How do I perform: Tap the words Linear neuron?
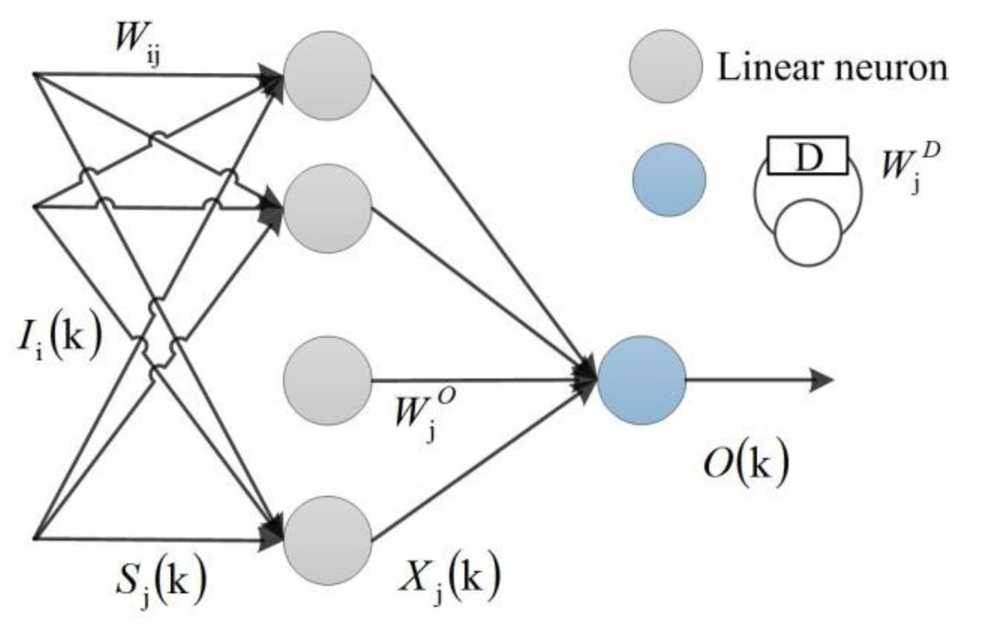click(x=832, y=68)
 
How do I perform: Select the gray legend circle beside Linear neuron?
click(x=666, y=66)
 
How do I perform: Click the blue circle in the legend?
click(x=669, y=180)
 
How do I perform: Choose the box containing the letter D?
click(x=807, y=156)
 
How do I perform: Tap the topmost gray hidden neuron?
click(x=328, y=75)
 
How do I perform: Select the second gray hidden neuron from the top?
click(x=328, y=208)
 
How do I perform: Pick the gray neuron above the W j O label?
click(x=328, y=381)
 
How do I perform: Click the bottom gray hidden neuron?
click(x=328, y=540)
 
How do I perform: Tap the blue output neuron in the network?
click(x=641, y=380)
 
